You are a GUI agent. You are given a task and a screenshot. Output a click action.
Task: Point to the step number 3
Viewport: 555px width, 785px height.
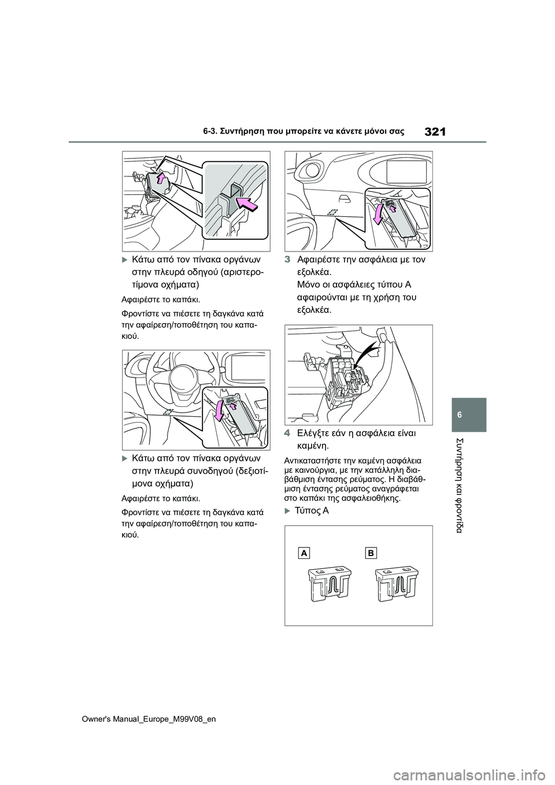click(288, 260)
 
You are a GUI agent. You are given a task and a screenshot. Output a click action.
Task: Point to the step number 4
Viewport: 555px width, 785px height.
click(288, 434)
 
